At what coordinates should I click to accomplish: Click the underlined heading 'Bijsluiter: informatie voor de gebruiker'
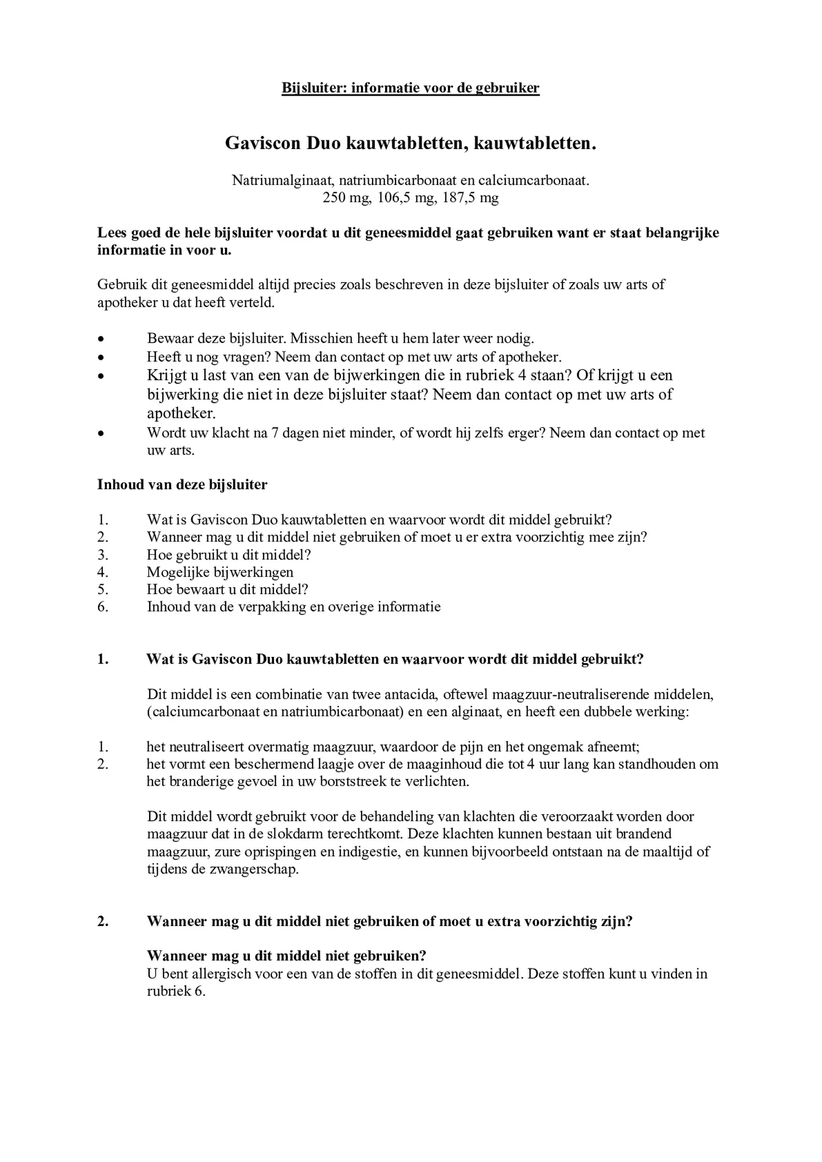tap(410, 88)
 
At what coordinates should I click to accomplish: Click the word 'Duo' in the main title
tap(324, 144)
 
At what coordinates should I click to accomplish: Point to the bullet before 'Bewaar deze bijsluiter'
tap(101, 338)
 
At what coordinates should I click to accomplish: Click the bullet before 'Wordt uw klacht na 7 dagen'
tap(101, 434)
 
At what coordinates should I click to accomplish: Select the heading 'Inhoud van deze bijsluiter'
tap(182, 485)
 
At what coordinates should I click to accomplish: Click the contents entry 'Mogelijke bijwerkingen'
tap(220, 572)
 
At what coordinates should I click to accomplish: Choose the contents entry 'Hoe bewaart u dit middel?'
tap(227, 589)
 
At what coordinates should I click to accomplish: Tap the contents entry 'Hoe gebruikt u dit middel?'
tap(229, 555)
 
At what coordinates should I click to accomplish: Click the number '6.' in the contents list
tap(103, 607)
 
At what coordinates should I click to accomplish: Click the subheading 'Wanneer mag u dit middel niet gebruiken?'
tap(287, 956)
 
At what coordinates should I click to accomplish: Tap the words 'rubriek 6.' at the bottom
tap(176, 991)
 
